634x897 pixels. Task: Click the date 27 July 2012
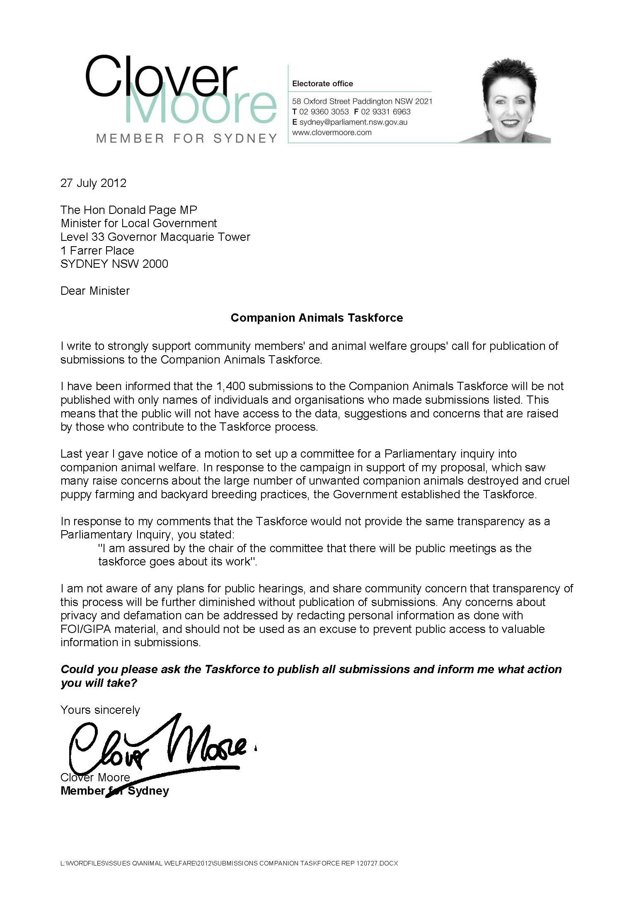(x=93, y=183)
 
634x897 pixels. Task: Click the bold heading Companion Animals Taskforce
(x=317, y=318)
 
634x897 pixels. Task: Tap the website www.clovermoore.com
(x=332, y=133)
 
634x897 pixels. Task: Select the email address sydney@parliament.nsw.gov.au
(x=353, y=122)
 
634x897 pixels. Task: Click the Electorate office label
(x=322, y=84)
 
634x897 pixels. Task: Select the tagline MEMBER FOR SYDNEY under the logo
(x=186, y=138)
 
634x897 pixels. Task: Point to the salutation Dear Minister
(x=95, y=291)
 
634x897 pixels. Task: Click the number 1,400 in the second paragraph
(x=230, y=386)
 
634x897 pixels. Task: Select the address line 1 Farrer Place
(x=97, y=251)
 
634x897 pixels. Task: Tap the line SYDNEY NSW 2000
(x=114, y=264)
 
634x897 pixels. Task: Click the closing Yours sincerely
(x=100, y=710)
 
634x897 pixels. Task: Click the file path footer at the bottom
(x=229, y=863)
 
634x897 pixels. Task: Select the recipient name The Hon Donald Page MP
(x=129, y=210)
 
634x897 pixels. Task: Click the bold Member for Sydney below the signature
(x=115, y=791)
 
